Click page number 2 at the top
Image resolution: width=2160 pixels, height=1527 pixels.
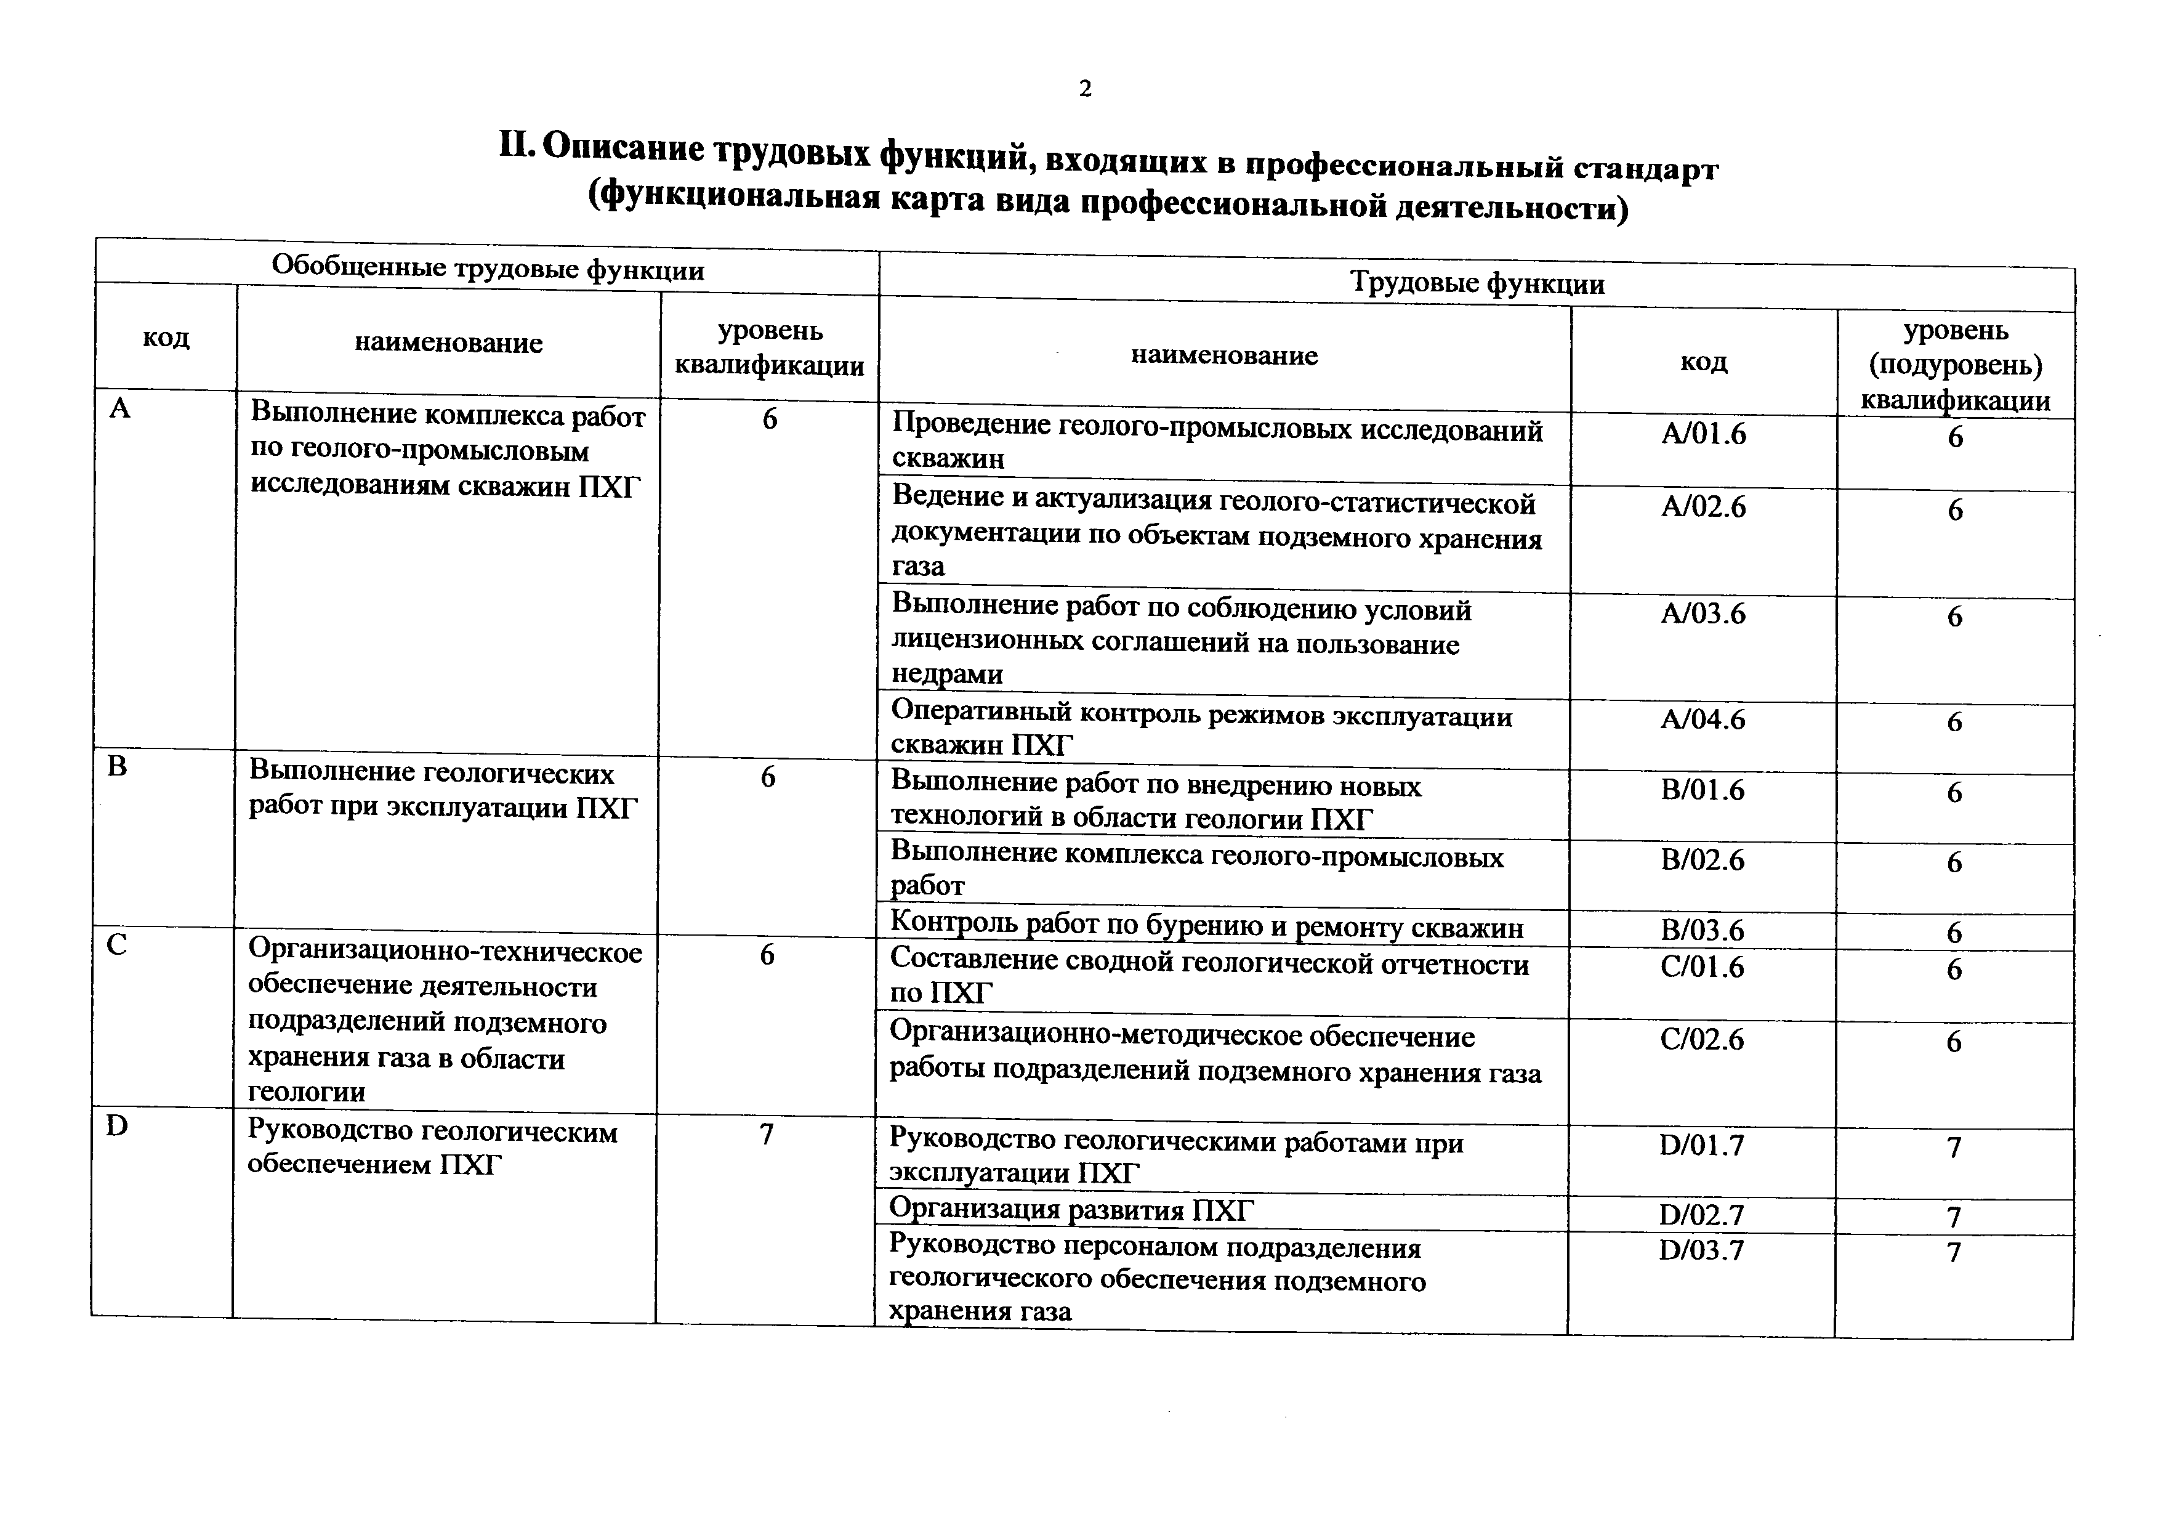pos(1085,89)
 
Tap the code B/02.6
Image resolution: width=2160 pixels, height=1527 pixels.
pos(1702,860)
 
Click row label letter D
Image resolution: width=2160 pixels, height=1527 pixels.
pos(116,1125)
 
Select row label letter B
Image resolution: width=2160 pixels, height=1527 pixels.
pos(116,767)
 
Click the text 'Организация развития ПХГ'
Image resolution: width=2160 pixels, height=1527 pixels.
pos(1071,1210)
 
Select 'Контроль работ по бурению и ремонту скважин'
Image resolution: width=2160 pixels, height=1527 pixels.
pos(1206,928)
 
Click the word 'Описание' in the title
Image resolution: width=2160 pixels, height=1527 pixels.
pos(623,148)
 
